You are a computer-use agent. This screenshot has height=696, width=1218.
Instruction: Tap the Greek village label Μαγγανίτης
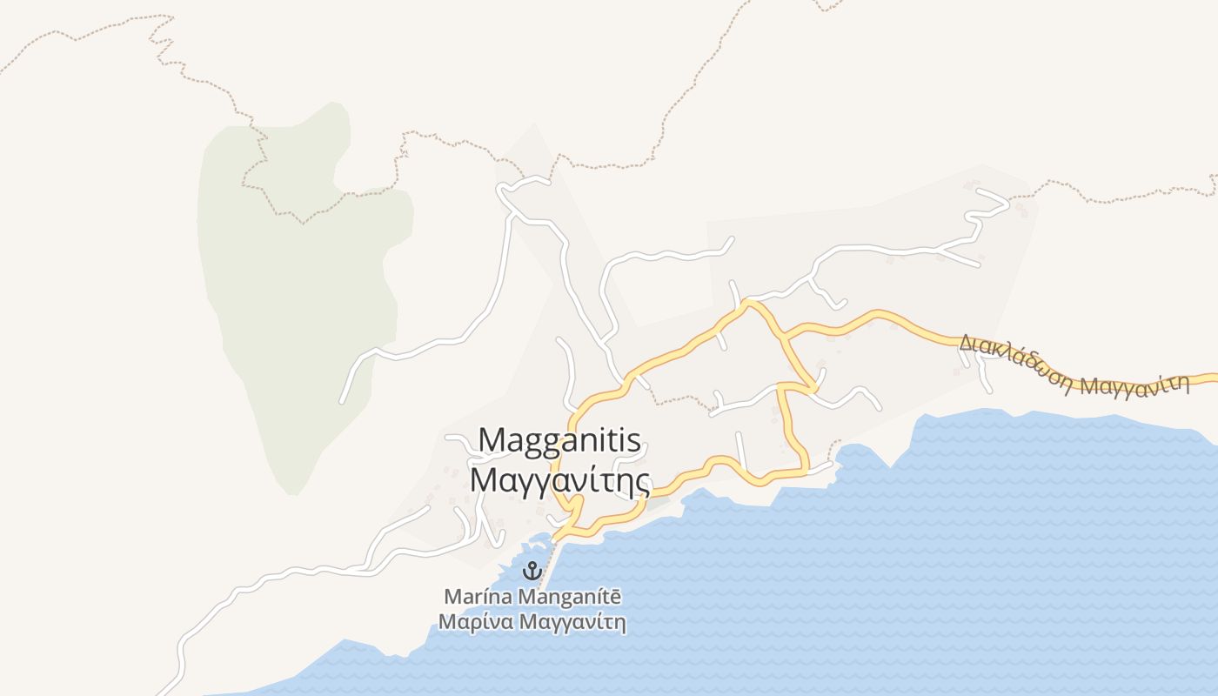click(560, 479)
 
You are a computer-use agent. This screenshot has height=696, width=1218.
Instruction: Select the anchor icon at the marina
click(531, 572)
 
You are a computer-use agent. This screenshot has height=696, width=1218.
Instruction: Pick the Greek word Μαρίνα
click(475, 623)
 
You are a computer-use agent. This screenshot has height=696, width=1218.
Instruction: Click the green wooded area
click(296, 287)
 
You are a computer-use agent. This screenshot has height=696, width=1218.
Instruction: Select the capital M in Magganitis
click(492, 440)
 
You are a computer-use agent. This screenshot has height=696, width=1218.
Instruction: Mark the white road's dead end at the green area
click(342, 402)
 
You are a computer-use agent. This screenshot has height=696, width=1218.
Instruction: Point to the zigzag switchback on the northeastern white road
click(987, 209)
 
